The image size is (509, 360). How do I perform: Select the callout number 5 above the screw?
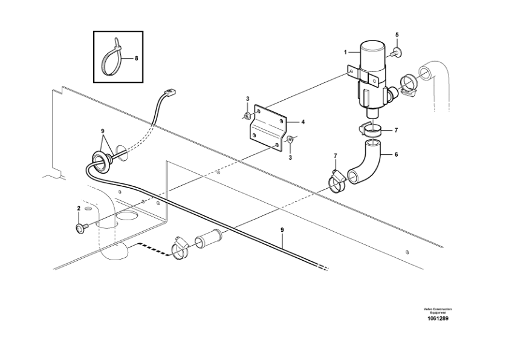click(x=397, y=35)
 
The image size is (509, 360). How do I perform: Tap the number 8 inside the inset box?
click(x=136, y=59)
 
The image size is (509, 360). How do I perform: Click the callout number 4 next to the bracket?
click(x=303, y=122)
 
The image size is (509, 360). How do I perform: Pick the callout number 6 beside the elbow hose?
click(x=396, y=154)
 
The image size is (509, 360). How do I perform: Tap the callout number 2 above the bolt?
click(x=79, y=209)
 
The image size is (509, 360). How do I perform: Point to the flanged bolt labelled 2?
click(x=80, y=227)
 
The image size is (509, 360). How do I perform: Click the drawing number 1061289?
click(x=438, y=319)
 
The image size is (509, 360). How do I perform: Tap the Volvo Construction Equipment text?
click(x=438, y=310)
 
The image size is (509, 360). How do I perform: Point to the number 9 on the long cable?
click(x=282, y=229)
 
